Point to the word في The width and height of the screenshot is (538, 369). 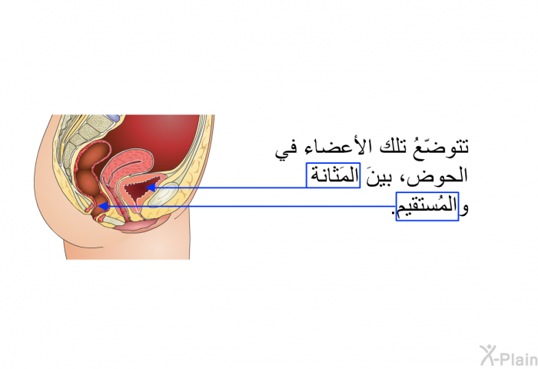click(286, 151)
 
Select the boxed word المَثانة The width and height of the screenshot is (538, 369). click(333, 175)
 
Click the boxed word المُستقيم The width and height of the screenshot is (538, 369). click(427, 206)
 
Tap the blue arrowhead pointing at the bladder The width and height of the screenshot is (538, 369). click(151, 188)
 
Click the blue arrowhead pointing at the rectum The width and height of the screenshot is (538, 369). click(103, 206)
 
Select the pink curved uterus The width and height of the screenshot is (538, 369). click(130, 165)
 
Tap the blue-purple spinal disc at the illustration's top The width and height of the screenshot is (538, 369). click(114, 118)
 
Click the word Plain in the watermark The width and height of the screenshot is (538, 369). click(518, 359)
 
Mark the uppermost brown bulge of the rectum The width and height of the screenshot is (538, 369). click(95, 154)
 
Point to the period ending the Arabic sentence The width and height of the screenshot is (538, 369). click(394, 214)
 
